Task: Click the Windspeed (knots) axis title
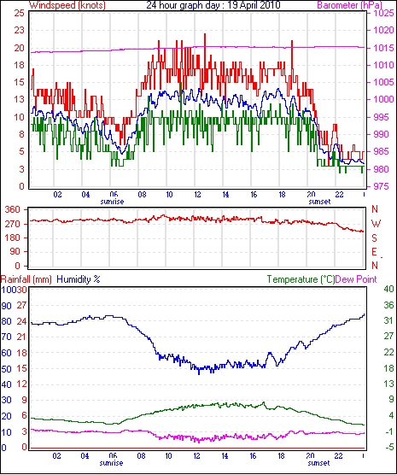(67, 5)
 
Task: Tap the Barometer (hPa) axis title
(349, 5)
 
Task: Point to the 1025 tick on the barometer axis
(384, 13)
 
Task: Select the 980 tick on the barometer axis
(382, 169)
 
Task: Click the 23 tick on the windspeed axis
(19, 30)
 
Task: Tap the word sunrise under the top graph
(112, 202)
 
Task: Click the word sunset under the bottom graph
(318, 463)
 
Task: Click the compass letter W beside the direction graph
(376, 224)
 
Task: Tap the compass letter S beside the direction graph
(375, 238)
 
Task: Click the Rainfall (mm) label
(26, 279)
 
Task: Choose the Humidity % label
(79, 279)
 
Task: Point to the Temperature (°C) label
(301, 279)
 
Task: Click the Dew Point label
(356, 279)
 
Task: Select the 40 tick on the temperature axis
(388, 290)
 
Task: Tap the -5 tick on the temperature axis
(388, 447)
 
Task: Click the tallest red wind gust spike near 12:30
(205, 34)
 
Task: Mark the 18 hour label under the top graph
(282, 195)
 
